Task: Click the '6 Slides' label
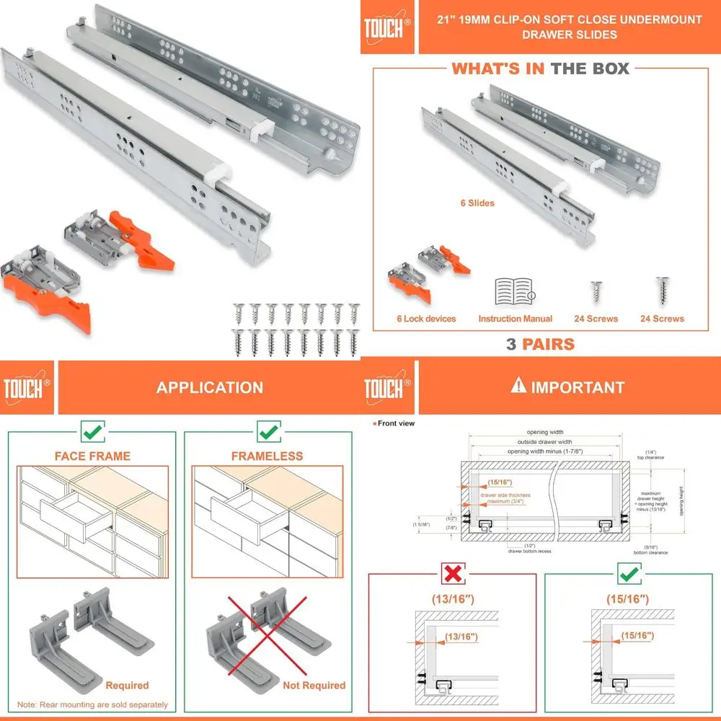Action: [477, 203]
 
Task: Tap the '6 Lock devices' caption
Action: [426, 319]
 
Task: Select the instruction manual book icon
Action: [515, 291]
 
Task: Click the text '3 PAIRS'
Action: [540, 344]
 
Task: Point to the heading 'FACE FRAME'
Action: [92, 456]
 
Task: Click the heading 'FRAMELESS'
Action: [267, 456]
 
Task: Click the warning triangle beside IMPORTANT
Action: [518, 386]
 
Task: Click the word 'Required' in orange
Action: [127, 685]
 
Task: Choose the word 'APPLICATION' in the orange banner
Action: [210, 387]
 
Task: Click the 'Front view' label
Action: [396, 423]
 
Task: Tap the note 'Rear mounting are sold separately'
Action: [92, 704]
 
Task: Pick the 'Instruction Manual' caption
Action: [515, 319]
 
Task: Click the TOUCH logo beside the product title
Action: [388, 27]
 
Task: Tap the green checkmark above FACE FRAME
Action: [92, 433]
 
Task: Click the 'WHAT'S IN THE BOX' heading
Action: [540, 68]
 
